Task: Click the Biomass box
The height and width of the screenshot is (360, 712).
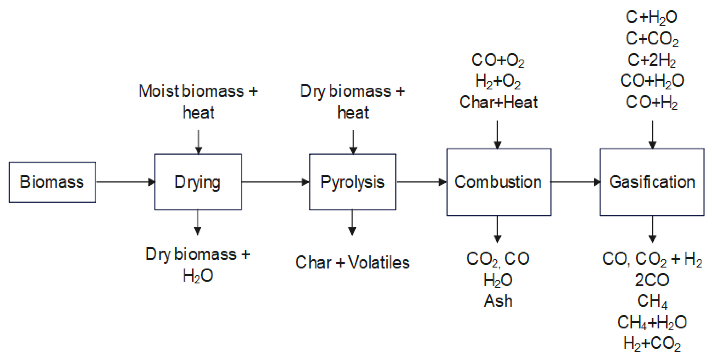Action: (53, 182)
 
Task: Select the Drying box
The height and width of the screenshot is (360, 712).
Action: (198, 182)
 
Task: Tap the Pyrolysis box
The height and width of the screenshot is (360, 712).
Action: (352, 182)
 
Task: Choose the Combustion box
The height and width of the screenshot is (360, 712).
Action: (498, 182)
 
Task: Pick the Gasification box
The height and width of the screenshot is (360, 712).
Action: (652, 182)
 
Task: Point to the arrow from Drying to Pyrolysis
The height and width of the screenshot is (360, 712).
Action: (275, 182)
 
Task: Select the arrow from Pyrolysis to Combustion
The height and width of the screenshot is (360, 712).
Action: (421, 182)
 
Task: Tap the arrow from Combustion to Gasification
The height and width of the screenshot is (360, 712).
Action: (575, 182)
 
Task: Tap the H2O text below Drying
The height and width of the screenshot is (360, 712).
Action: (198, 276)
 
